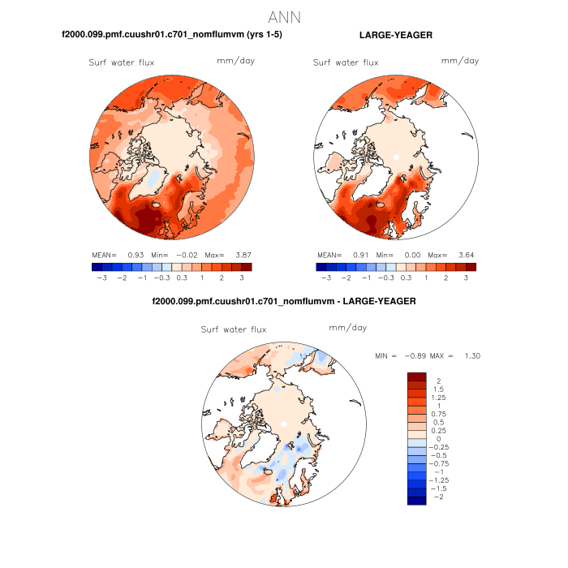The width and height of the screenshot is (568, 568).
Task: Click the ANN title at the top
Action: [284, 17]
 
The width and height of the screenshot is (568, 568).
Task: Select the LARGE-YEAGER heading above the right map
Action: [395, 36]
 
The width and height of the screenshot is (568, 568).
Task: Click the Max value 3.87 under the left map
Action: [240, 254]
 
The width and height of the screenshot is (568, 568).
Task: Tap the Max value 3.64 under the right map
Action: [465, 254]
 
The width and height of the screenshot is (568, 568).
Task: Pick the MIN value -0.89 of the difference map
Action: [411, 355]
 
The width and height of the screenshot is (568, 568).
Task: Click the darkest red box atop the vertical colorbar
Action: [416, 376]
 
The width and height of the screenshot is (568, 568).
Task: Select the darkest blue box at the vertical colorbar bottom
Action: [416, 501]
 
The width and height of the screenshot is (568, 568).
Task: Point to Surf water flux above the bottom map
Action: [234, 329]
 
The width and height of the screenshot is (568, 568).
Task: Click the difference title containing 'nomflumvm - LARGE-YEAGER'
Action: [284, 301]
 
